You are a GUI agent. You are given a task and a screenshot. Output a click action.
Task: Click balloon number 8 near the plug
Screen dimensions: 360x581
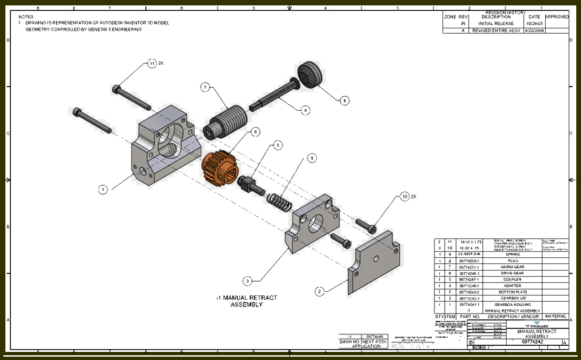tap(345, 101)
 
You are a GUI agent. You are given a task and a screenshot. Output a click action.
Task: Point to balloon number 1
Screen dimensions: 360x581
tap(103, 190)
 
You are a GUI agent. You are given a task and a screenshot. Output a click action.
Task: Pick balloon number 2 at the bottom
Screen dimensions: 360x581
tap(319, 291)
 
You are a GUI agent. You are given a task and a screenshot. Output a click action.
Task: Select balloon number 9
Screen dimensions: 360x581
tap(311, 158)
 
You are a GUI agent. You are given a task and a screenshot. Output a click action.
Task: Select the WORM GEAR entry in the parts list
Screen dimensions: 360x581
tap(511, 267)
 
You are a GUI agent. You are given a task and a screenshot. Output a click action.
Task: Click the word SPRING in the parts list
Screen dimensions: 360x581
tap(511, 255)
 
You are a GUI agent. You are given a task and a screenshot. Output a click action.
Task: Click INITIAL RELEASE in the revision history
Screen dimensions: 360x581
tap(496, 23)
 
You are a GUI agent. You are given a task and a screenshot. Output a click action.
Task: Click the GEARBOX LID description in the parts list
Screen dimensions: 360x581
tap(511, 297)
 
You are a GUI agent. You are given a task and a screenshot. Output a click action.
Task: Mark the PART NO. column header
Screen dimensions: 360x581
tap(470, 316)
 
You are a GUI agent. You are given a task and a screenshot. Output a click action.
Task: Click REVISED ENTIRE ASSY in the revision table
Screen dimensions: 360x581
tap(496, 30)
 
